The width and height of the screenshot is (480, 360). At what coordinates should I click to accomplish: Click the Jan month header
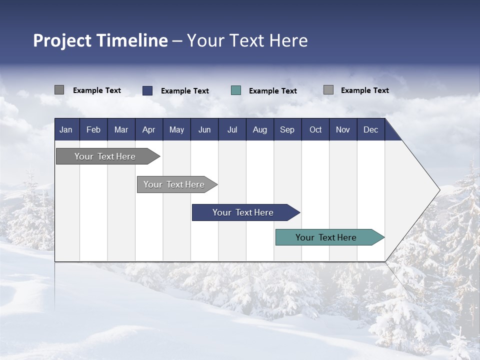click(x=66, y=129)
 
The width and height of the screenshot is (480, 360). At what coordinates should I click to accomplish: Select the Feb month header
click(x=93, y=129)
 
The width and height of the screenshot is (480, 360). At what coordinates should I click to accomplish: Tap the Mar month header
click(x=121, y=129)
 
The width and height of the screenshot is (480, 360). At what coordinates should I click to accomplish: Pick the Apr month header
click(x=148, y=129)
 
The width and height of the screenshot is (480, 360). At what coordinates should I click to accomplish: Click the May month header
click(x=176, y=129)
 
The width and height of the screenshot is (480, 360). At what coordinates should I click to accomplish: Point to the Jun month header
click(x=204, y=129)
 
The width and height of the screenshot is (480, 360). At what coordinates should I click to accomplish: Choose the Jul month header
click(x=232, y=129)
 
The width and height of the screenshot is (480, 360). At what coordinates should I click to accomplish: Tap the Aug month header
click(x=259, y=129)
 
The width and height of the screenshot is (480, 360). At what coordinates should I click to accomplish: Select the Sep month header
click(x=287, y=129)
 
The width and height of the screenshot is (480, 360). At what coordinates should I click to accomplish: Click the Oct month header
click(x=315, y=129)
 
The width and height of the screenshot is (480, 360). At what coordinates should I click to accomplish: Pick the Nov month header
click(x=343, y=129)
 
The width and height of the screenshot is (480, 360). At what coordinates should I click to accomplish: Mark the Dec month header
click(x=370, y=129)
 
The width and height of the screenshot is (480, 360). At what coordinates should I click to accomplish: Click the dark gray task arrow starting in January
click(x=105, y=156)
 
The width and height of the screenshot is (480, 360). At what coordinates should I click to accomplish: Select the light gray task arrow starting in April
click(x=174, y=184)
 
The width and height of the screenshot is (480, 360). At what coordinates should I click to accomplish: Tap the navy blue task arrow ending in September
click(x=243, y=212)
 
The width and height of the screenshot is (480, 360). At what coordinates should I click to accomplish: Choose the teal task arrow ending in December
click(x=326, y=237)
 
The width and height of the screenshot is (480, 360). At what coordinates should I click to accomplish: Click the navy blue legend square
click(x=147, y=90)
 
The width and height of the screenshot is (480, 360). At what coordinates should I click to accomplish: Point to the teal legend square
click(x=236, y=90)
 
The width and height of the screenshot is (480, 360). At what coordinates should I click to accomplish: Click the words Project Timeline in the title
click(x=100, y=40)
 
